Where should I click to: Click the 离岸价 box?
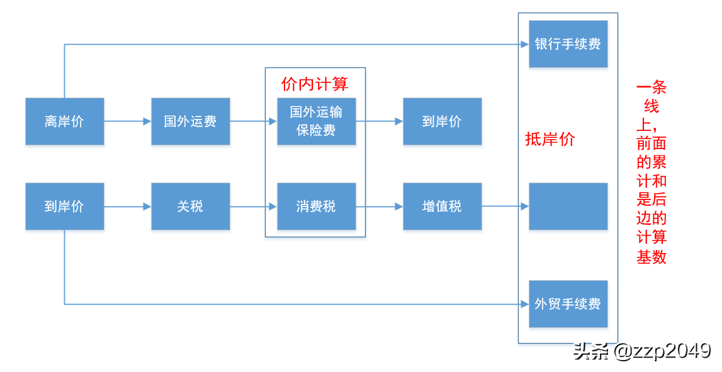point(64,121)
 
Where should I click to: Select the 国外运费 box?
point(190,121)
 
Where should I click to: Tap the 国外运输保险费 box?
point(316,121)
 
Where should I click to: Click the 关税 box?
point(190,206)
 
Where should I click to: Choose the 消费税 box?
point(316,206)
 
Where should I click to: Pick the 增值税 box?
point(442,206)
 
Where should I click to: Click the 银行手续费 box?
point(568,44)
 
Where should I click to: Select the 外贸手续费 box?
point(568,304)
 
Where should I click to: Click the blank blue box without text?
point(568,206)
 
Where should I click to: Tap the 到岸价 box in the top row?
point(442,121)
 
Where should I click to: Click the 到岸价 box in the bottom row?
point(64,206)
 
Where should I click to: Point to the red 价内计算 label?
point(315,84)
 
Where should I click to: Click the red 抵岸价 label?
point(550,140)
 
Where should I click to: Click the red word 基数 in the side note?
point(651,258)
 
